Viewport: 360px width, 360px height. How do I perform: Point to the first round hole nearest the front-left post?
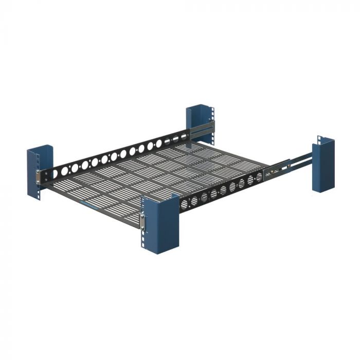click(55, 174)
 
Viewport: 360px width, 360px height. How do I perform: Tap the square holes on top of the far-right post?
click(320, 140)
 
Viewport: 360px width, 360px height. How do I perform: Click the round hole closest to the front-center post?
click(185, 204)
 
